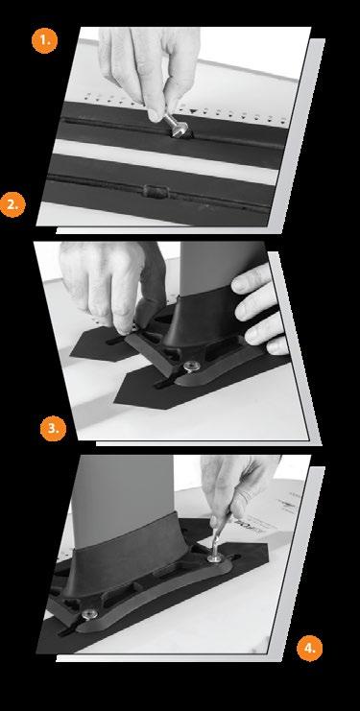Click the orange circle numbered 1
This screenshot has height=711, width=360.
[x=44, y=40]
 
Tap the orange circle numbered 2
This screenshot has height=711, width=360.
[x=12, y=204]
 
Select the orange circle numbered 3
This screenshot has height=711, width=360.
[x=53, y=428]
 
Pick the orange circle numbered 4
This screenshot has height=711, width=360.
[x=310, y=648]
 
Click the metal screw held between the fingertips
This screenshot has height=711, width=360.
[x=175, y=126]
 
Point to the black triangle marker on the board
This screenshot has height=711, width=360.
[x=194, y=110]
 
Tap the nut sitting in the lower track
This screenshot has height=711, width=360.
[x=156, y=191]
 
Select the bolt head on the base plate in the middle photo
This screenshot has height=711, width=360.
[x=192, y=365]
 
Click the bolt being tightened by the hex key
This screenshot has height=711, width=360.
[x=215, y=557]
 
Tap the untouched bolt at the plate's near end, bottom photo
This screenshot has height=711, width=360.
[x=90, y=614]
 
